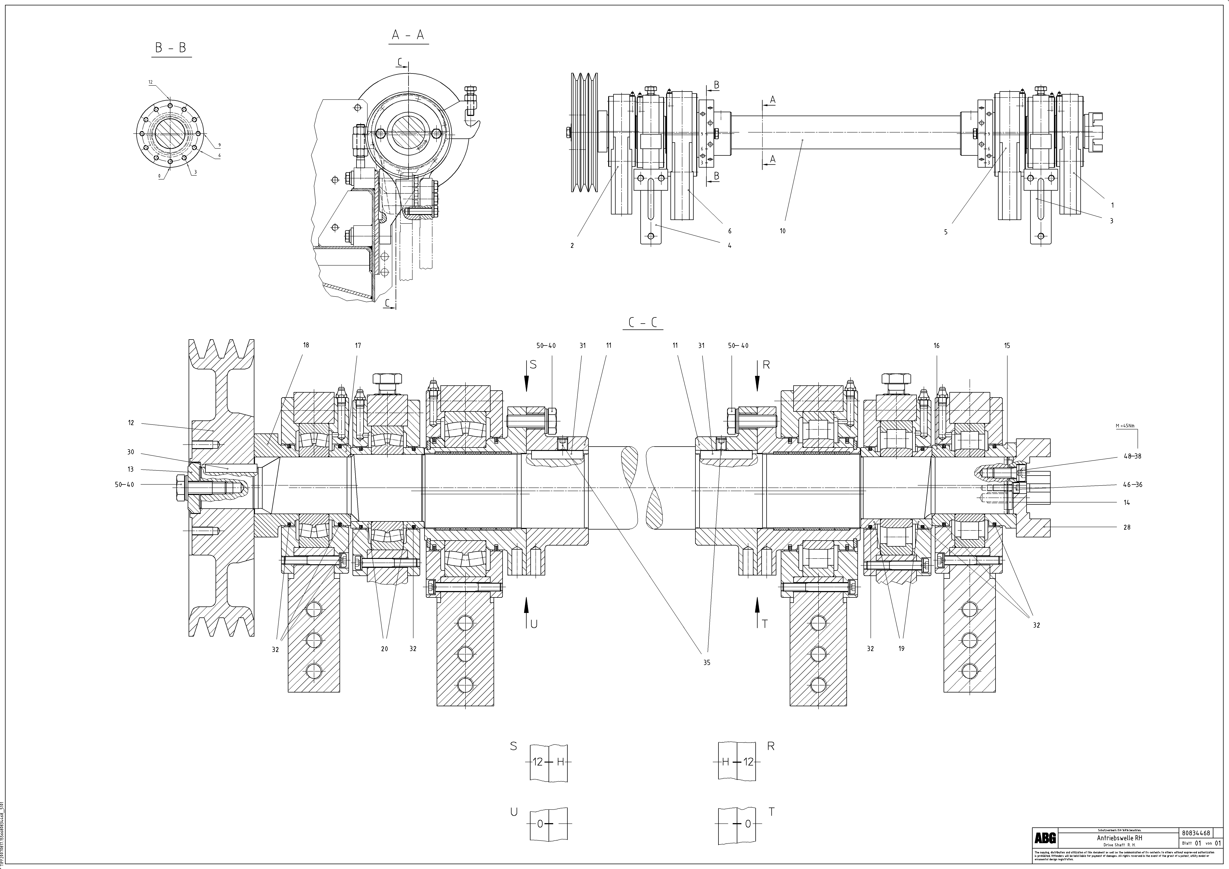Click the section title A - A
coord(408,35)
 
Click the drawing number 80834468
coord(1195,833)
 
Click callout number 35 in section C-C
coord(706,662)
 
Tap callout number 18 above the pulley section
coord(306,345)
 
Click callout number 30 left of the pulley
coord(131,452)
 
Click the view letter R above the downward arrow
coord(766,365)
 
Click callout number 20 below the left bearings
coord(384,648)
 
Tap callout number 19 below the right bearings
coord(901,648)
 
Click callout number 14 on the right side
coord(1127,502)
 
